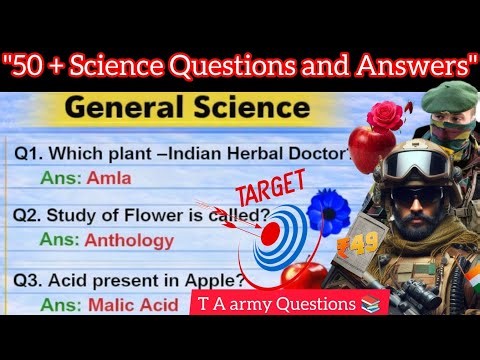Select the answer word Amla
(x=108, y=178)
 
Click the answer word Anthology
(x=131, y=240)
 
